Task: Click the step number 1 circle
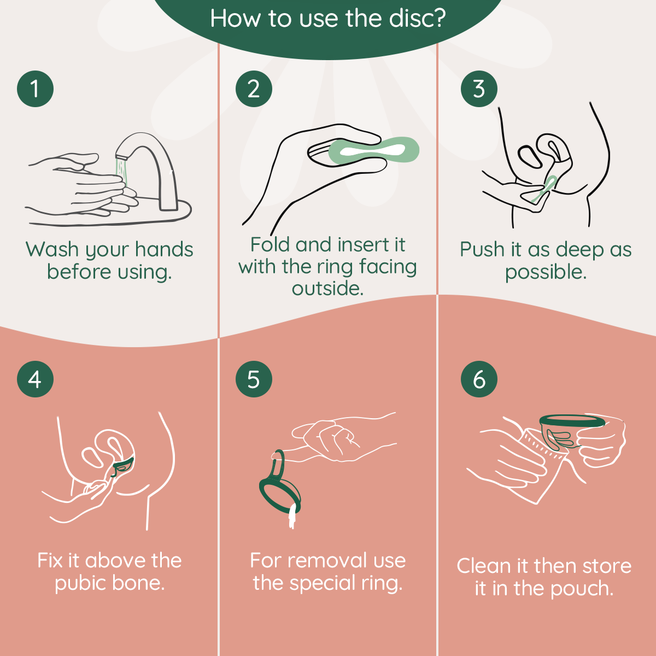pos(35,89)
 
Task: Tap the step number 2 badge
pos(254,89)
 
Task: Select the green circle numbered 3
pos(479,89)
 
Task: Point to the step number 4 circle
pos(35,379)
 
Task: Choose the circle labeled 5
pos(254,379)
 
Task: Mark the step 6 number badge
pos(479,379)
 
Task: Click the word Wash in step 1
pos(52,250)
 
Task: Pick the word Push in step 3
pos(482,250)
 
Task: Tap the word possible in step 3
pos(545,272)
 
